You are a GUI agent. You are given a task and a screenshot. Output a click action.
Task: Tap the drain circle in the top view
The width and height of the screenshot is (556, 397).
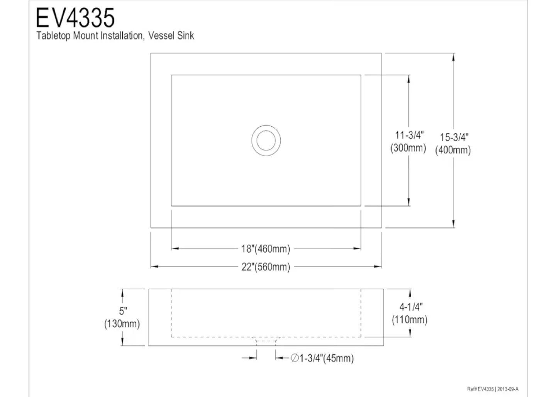tap(266, 140)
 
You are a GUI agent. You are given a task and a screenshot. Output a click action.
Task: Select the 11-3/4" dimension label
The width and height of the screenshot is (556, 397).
tap(409, 135)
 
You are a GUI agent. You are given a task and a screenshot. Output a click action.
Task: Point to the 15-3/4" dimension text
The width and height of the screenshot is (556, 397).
tap(454, 137)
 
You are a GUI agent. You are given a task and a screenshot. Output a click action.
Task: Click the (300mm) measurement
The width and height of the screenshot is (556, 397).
tap(408, 148)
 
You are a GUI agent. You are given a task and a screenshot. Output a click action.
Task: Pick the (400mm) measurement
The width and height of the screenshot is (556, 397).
tap(453, 150)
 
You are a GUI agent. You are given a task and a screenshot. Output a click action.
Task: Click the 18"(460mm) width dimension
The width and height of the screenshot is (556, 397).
tap(266, 249)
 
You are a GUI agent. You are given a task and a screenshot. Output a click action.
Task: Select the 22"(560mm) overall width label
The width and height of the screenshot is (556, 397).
tap(266, 267)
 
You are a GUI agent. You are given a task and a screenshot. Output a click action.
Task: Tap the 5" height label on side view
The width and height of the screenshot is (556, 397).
tap(123, 311)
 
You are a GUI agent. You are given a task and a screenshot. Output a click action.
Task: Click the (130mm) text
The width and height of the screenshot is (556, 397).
tap(122, 324)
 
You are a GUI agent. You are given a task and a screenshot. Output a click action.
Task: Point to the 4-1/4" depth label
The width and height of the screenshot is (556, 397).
tap(411, 307)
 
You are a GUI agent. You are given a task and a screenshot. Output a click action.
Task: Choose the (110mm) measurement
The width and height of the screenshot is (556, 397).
tap(410, 320)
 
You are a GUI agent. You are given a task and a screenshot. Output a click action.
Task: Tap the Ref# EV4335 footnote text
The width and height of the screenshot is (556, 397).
tap(481, 389)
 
